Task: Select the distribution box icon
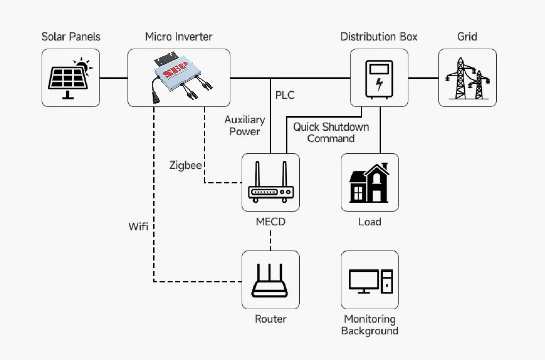coord(379,78)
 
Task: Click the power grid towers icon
coord(467,78)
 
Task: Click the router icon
coord(270,280)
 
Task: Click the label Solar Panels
coord(71,37)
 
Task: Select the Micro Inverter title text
coord(178,37)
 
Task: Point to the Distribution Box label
coord(379,37)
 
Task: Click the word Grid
coord(467,37)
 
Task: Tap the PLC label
coord(285,95)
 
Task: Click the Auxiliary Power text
coord(245,125)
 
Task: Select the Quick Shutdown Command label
coord(331,133)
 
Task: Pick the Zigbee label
coord(185,165)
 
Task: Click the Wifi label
coord(138,226)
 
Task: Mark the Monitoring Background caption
coord(370,325)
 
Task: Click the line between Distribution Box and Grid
coord(423,78)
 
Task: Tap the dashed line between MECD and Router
coord(270,239)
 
